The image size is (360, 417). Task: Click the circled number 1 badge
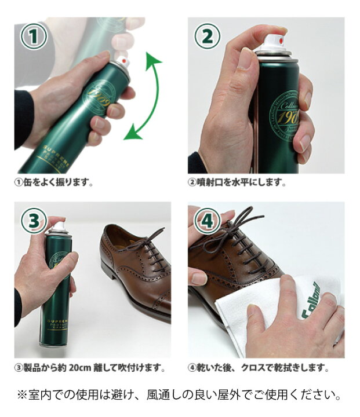tap(34, 36)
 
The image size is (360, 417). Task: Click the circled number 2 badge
tap(207, 36)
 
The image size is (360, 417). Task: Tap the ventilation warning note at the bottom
tap(180, 396)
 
